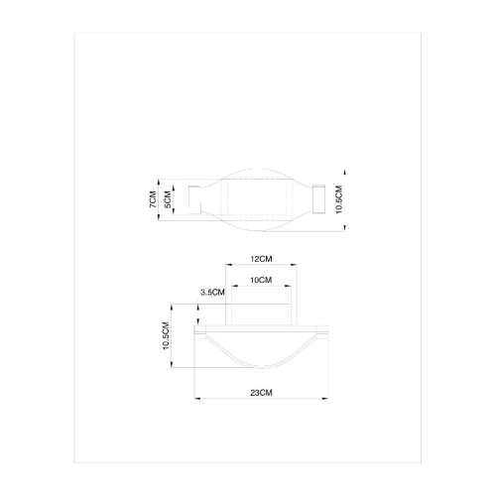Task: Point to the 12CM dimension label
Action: tap(261, 258)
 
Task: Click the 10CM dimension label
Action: tap(261, 281)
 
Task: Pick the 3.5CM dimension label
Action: tap(212, 293)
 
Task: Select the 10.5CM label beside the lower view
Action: tap(167, 339)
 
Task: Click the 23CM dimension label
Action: tap(261, 394)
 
